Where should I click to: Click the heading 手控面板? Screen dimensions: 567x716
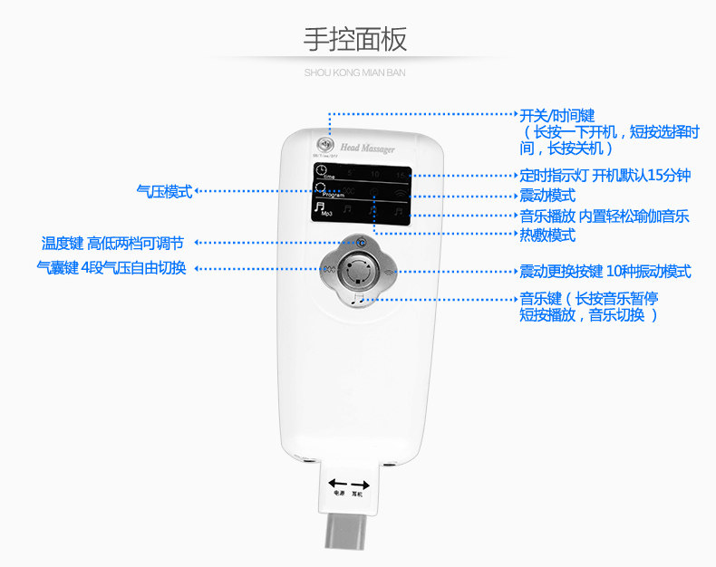click(355, 39)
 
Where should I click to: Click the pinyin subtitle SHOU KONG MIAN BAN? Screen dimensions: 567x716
click(355, 71)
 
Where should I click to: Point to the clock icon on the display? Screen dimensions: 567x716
click(320, 169)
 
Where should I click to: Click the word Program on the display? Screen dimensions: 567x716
click(333, 195)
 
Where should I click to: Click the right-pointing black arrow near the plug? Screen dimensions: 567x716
click(359, 484)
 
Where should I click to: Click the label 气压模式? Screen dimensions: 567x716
click(164, 191)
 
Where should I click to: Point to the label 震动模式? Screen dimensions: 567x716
click(547, 196)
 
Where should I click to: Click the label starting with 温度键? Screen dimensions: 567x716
click(112, 243)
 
